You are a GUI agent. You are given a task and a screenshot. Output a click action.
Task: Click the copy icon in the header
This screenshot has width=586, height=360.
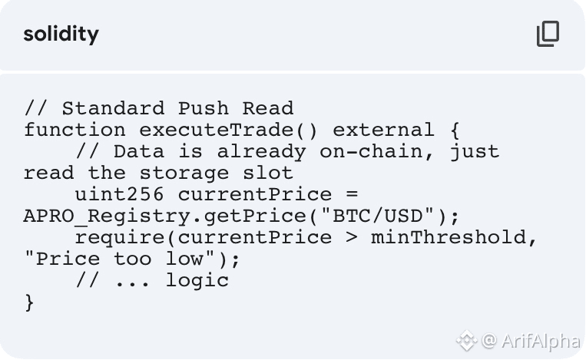[548, 34]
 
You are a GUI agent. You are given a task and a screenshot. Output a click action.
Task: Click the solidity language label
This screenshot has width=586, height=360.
[61, 35]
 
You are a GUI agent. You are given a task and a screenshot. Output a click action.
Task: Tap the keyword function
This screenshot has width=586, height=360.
[74, 130]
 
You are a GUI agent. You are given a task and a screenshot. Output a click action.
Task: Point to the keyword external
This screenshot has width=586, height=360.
[383, 130]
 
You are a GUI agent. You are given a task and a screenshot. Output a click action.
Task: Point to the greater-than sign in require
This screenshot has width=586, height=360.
[352, 237]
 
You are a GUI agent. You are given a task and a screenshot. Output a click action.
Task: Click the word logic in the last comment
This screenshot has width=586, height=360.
[197, 280]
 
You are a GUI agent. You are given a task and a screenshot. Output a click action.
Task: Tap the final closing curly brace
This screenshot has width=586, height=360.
[29, 302]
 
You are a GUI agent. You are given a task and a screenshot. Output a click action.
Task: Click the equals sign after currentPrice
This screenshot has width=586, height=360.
[352, 194]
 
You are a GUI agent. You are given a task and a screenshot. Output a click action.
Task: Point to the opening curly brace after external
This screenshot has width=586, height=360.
[454, 130]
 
